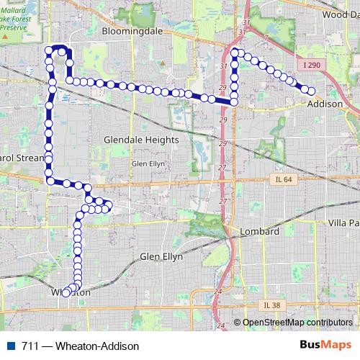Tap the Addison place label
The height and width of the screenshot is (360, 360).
pos(325,104)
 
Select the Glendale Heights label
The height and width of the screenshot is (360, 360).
pos(140,140)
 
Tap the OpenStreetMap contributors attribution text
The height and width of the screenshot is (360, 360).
pos(297,323)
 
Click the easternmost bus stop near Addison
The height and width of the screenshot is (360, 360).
pos(312,91)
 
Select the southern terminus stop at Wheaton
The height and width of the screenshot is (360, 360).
pos(66,292)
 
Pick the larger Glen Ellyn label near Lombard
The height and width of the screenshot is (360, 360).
pos(161,256)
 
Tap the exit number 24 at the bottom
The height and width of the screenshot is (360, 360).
pos(217,291)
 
